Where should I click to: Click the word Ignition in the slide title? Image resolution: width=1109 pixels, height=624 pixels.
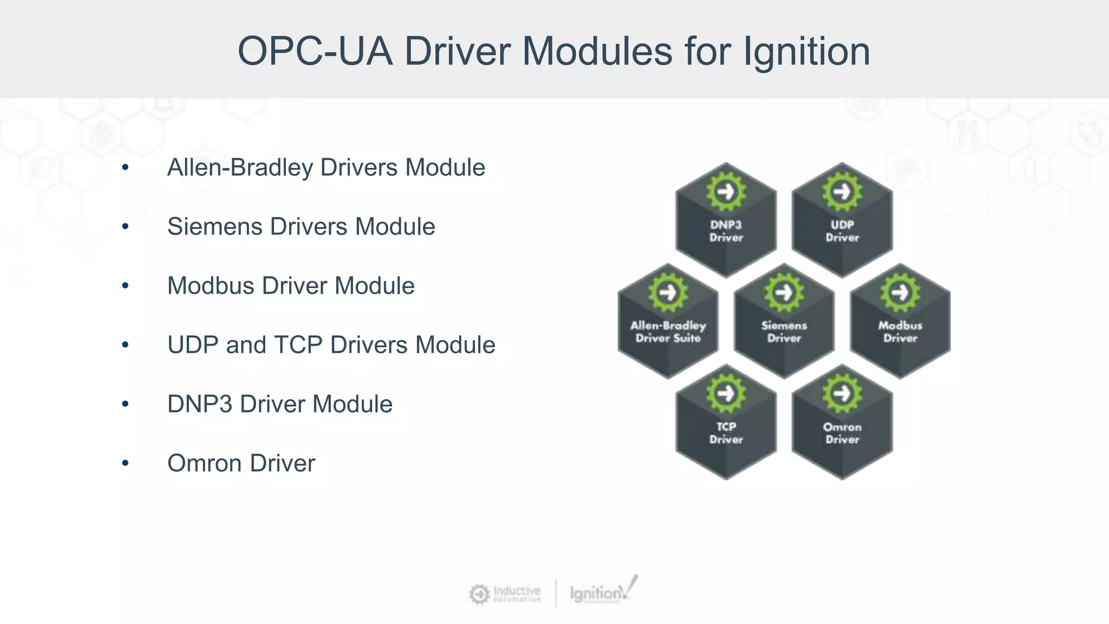[x=806, y=52]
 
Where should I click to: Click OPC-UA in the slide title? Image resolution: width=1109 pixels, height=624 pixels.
[x=315, y=52]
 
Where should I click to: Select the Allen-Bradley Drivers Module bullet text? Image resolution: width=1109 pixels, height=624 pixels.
[x=326, y=167]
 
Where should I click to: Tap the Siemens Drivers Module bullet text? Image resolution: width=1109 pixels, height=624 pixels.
[x=301, y=226]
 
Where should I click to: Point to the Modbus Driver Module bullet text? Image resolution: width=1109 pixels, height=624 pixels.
[x=291, y=285]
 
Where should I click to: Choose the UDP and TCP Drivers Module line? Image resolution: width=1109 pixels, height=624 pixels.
[x=331, y=345]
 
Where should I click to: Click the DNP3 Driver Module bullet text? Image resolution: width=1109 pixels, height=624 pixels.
[x=280, y=404]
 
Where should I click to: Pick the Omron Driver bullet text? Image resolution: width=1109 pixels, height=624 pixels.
[x=241, y=463]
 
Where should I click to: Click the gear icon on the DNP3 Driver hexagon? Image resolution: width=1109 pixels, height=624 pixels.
[x=726, y=191]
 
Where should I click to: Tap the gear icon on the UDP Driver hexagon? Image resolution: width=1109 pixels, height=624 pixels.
[x=842, y=191]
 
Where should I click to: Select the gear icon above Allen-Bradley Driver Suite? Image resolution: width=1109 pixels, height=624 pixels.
[x=668, y=292]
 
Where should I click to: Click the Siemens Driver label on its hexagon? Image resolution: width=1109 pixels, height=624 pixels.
[x=784, y=331]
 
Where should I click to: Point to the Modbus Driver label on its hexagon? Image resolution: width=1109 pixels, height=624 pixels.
[x=900, y=331]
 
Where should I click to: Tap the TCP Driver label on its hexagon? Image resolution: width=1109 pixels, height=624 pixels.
[x=726, y=433]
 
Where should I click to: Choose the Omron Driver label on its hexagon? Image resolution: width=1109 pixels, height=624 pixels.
[x=842, y=433]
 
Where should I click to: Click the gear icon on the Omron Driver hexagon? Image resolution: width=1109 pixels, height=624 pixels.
[x=842, y=393]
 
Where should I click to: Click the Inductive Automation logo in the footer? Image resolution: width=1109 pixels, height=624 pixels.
[x=505, y=594]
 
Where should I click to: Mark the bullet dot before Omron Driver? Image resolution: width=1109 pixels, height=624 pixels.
[x=126, y=463]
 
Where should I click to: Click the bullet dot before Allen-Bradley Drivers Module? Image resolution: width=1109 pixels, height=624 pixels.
[x=126, y=167]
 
